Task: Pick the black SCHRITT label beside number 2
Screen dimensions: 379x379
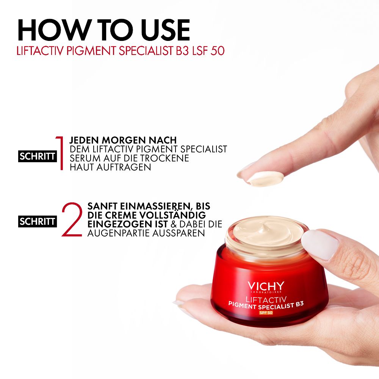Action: point(38,221)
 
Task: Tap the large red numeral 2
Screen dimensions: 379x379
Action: point(72,219)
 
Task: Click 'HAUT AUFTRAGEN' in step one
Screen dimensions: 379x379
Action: point(110,167)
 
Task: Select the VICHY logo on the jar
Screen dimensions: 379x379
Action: point(265,286)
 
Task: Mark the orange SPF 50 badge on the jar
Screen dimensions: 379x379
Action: point(266,313)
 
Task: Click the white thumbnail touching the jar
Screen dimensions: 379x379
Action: point(322,245)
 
